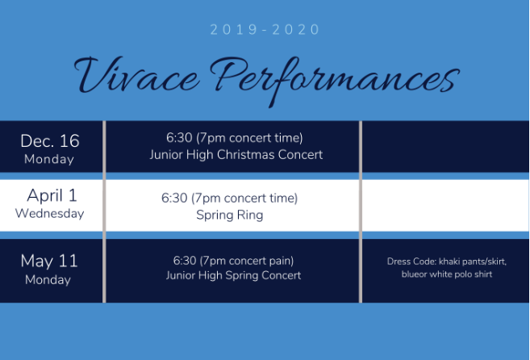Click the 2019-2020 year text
tap(265, 30)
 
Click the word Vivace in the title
tap(136, 75)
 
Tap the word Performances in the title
tap(335, 82)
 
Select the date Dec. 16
tap(50, 140)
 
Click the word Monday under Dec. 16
tap(49, 159)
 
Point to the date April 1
tap(52, 195)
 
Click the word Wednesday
tap(50, 213)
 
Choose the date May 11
tap(49, 261)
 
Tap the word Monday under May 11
tap(48, 280)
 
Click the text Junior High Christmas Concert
tap(236, 155)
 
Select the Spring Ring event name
tap(230, 216)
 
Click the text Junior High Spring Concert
tap(233, 275)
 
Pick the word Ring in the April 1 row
tap(250, 216)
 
